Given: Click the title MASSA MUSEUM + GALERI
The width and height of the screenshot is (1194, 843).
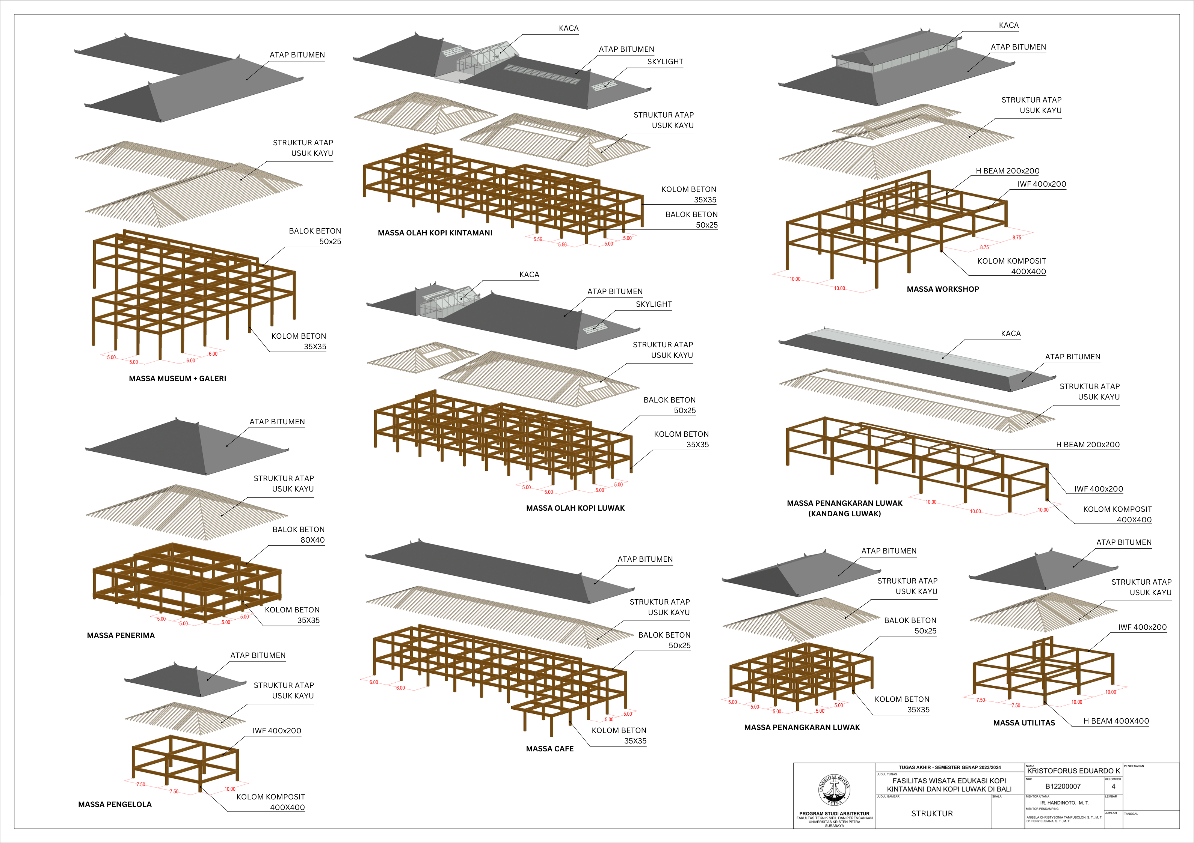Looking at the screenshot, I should (x=177, y=379).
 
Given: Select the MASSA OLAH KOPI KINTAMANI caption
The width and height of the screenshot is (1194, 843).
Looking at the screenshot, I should (x=435, y=233).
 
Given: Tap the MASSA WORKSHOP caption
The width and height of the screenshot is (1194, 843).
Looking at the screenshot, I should (x=942, y=289).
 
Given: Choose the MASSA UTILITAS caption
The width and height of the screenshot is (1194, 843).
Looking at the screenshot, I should (x=1023, y=723).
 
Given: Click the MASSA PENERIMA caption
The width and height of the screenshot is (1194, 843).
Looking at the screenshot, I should (x=121, y=635).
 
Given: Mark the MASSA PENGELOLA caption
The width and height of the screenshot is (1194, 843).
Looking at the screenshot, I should (x=115, y=805).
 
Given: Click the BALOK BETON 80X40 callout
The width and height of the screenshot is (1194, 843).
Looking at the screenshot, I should (x=299, y=535).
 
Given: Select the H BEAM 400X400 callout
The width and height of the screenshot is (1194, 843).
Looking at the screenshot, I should (x=1116, y=721).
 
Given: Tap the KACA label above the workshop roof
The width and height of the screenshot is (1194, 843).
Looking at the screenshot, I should (x=1008, y=26).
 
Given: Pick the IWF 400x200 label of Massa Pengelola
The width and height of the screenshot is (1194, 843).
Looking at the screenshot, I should (x=277, y=731).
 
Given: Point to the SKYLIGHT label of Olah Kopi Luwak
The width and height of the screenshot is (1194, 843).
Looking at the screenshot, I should (x=653, y=304).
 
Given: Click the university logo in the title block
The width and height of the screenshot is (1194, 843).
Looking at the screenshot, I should (x=834, y=790).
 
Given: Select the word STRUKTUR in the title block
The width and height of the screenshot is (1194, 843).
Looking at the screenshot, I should (x=932, y=814).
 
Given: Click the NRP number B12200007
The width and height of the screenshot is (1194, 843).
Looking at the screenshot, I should (x=1063, y=786).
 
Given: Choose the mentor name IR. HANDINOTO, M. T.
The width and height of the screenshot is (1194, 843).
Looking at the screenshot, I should (x=1064, y=803).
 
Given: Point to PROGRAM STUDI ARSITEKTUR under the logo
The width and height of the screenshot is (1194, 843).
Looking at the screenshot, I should (x=834, y=813).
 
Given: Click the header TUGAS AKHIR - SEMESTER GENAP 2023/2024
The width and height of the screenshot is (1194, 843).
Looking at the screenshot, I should (x=949, y=768).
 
